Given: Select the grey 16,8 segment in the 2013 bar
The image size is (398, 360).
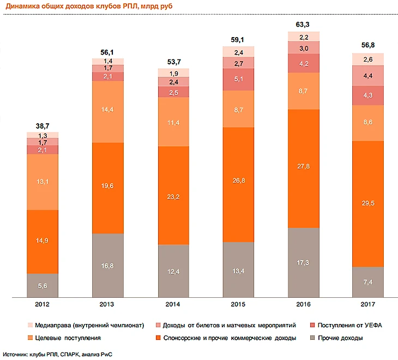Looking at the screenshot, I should (108, 266).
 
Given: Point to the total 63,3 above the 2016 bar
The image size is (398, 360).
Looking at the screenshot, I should (304, 24).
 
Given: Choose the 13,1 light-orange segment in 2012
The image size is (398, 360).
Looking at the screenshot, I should (43, 182).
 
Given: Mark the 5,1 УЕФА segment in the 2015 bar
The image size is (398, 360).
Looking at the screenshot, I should (238, 80).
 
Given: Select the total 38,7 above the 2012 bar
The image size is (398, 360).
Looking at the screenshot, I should (43, 125).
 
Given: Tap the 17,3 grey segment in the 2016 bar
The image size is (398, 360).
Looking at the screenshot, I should (304, 263).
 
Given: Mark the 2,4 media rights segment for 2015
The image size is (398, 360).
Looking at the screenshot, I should (238, 52).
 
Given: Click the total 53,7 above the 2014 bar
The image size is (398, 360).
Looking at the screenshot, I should (173, 62).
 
